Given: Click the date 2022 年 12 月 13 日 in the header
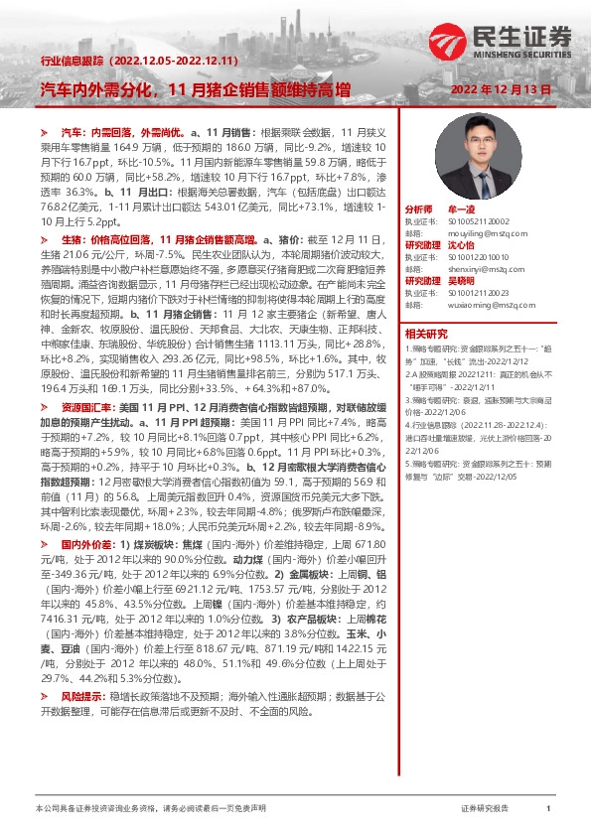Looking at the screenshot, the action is pos(508,90).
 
